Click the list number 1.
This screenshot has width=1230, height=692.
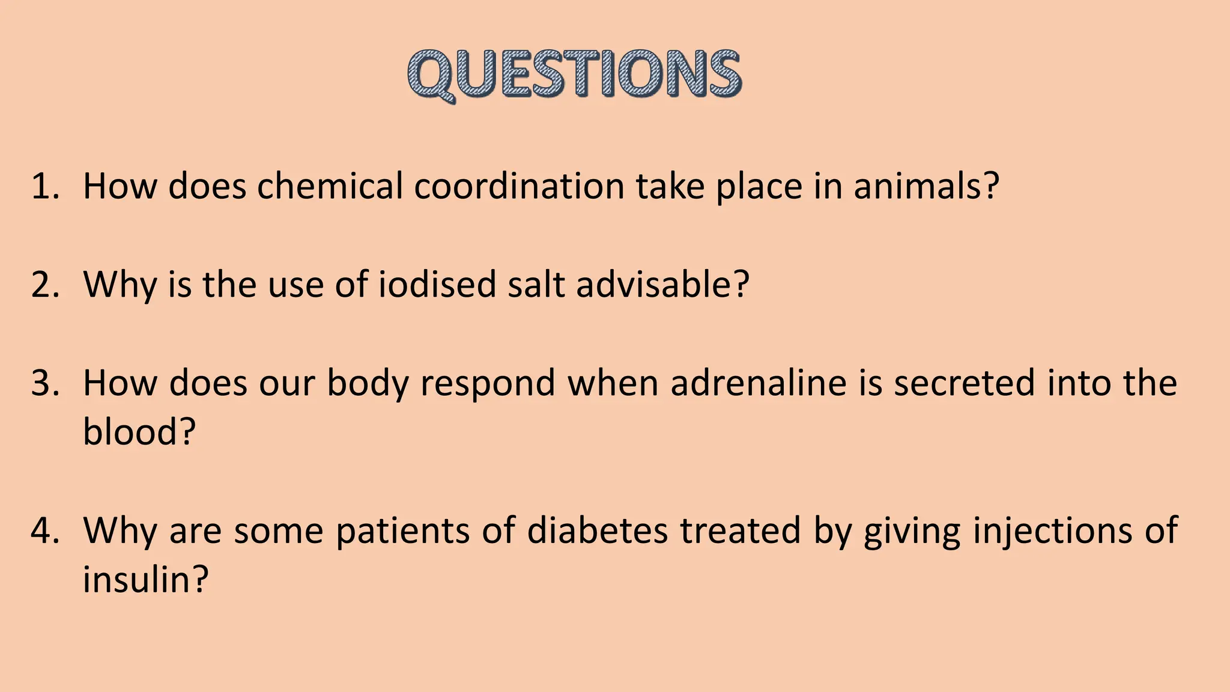46,186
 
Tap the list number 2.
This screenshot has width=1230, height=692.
46,284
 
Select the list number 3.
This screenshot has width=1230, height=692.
46,383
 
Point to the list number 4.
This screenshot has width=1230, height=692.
46,530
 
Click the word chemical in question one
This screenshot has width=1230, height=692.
330,186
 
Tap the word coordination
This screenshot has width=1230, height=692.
520,186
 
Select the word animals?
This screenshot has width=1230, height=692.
926,186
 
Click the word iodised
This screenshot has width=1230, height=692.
437,284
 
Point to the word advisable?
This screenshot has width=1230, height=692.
663,284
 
